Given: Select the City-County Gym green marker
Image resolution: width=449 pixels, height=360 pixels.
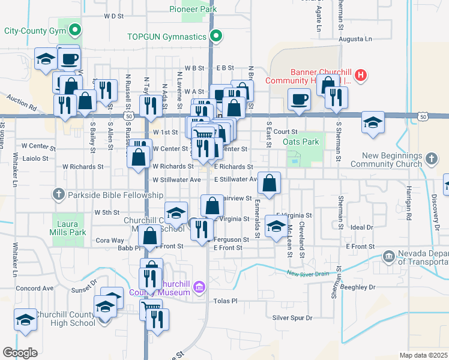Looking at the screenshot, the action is (74, 29).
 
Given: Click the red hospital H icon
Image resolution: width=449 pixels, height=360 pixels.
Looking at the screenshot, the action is (361, 75).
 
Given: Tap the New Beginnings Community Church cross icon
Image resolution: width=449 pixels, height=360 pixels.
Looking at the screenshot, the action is (430, 159).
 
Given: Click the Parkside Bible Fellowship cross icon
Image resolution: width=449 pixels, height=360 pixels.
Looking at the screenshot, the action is (58, 194).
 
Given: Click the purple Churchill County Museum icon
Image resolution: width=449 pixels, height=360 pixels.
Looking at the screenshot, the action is (199, 285).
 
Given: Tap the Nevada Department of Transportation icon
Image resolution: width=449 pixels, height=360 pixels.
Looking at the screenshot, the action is (389, 256).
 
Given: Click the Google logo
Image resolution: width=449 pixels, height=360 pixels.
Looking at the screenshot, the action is (20, 353).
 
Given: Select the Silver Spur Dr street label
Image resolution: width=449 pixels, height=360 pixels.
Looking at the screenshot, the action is (292, 317).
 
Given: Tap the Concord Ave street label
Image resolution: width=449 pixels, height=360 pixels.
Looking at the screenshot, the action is (35, 288).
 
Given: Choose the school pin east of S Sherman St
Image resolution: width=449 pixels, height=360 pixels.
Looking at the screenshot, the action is (373, 122).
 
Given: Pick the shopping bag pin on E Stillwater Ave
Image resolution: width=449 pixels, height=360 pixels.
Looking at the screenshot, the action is (270, 182).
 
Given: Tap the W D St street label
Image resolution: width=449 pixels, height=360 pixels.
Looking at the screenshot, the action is (113, 16).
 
